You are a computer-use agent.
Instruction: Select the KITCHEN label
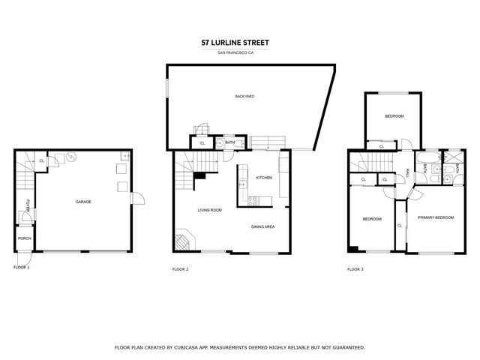click(264, 178)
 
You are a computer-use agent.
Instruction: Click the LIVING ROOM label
click(209, 210)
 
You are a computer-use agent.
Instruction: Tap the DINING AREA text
click(262, 226)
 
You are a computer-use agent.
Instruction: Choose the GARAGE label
click(82, 201)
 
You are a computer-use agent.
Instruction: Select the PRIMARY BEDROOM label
click(436, 217)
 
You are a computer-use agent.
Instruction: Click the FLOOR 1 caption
click(22, 268)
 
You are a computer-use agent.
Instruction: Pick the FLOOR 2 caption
click(180, 268)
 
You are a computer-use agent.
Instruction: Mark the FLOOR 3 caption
click(355, 268)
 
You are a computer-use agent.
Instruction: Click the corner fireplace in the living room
click(184, 241)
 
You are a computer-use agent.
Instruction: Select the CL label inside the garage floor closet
click(41, 160)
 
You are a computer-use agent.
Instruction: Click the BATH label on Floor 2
click(230, 142)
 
